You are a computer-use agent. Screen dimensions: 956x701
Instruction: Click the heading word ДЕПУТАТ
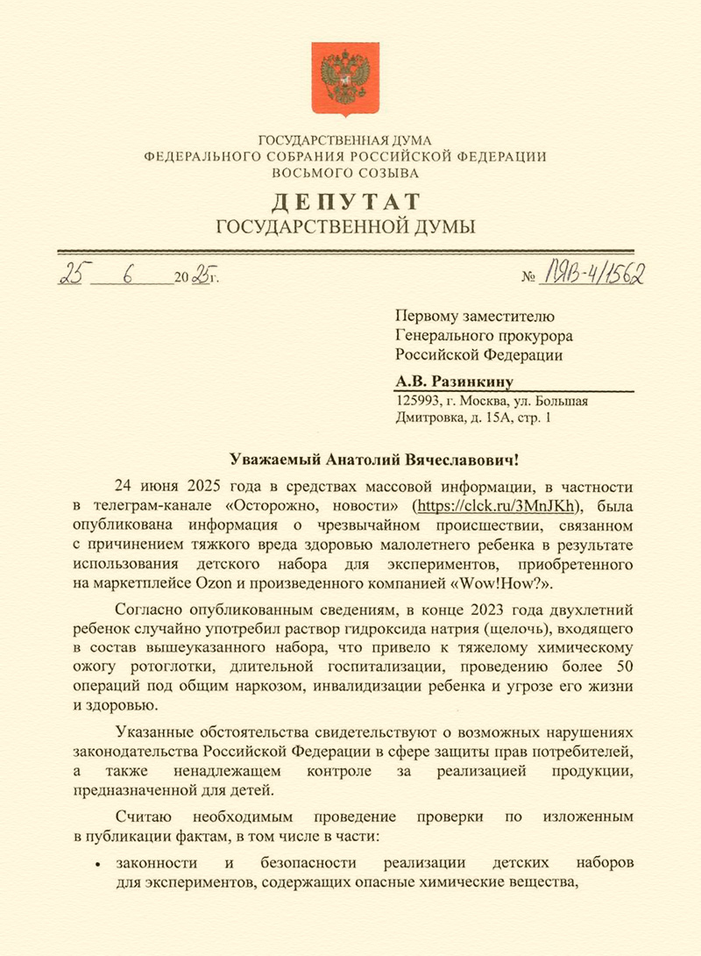[x=345, y=202]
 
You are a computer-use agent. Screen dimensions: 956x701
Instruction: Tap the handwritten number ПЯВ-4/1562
[x=596, y=275]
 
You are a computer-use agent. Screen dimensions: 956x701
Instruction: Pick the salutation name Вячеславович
[x=468, y=459]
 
